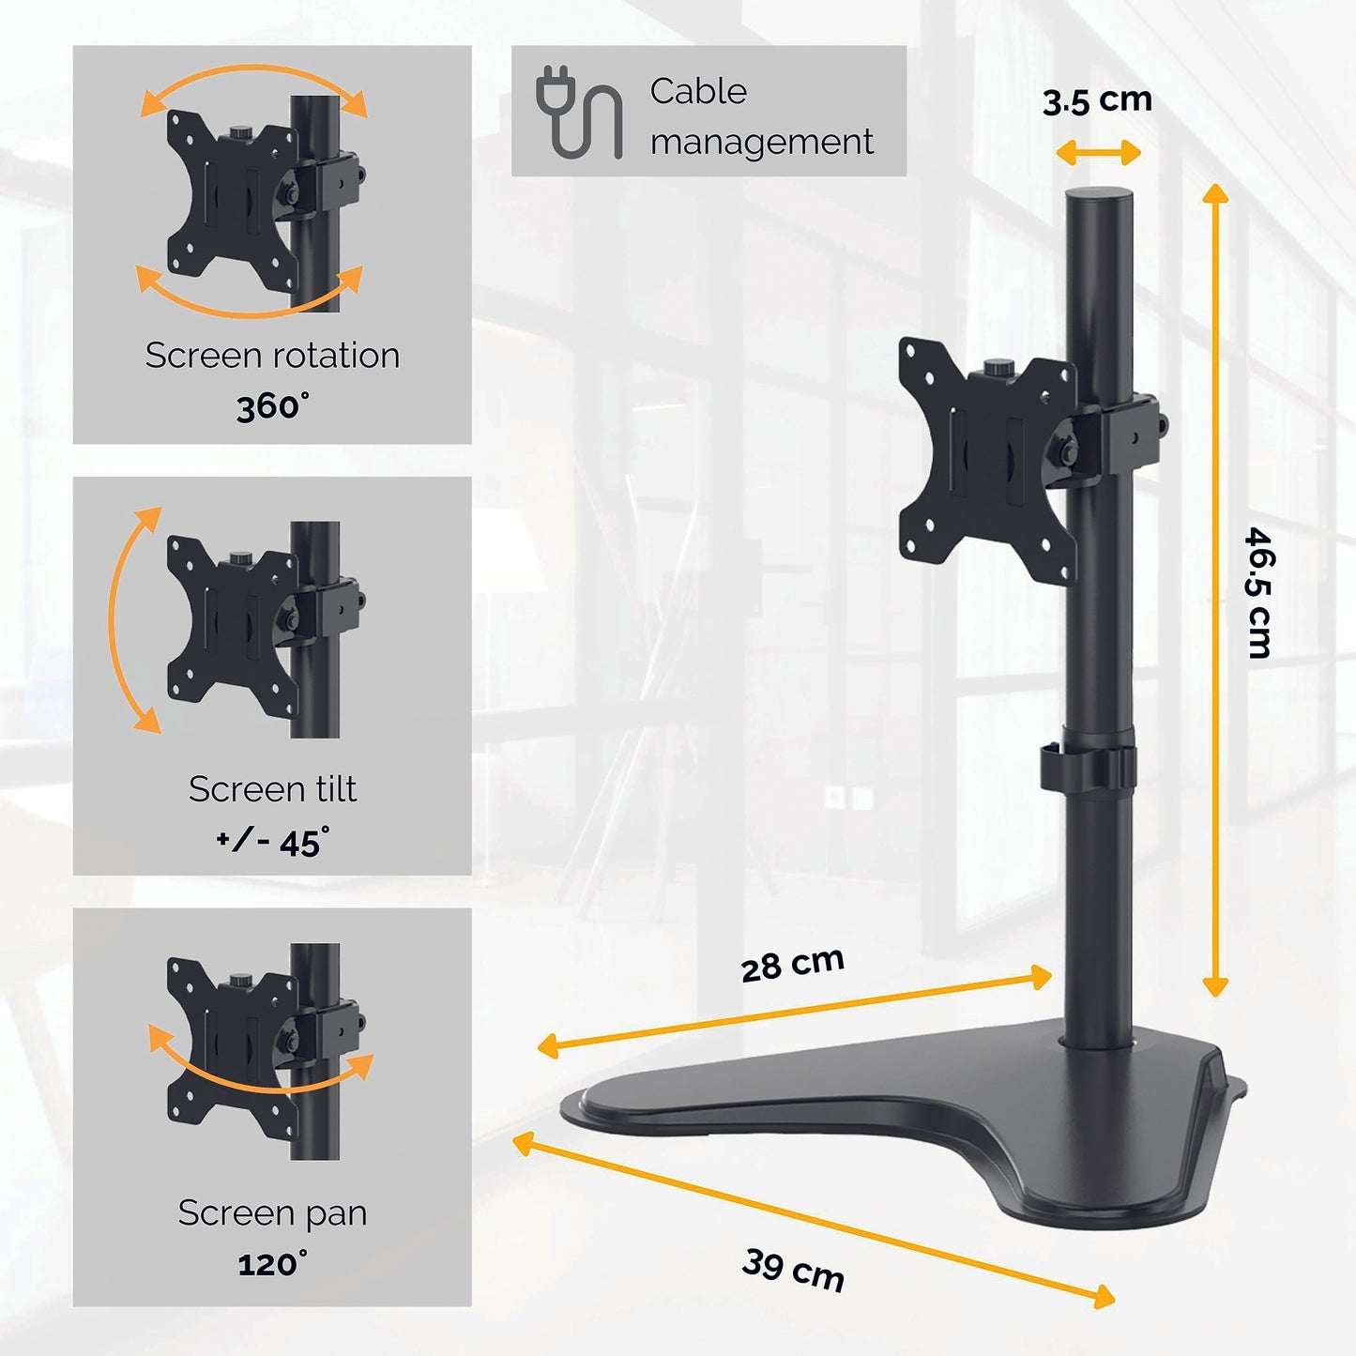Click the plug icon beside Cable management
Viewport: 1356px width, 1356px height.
577,111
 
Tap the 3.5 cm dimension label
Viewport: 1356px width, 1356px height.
1097,99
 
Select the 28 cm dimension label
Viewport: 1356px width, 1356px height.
793,964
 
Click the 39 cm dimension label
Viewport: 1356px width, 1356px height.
794,1269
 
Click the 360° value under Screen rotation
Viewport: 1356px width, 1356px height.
272,406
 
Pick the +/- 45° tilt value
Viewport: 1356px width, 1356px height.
272,841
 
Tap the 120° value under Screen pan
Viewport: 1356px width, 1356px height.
272,1263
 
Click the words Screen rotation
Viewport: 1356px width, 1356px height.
272,356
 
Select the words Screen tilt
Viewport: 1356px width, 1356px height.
272,789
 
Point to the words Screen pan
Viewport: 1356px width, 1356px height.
272,1212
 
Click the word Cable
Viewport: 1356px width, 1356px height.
698,91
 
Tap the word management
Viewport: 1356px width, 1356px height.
761,142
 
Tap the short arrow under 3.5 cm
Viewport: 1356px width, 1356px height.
1098,153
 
